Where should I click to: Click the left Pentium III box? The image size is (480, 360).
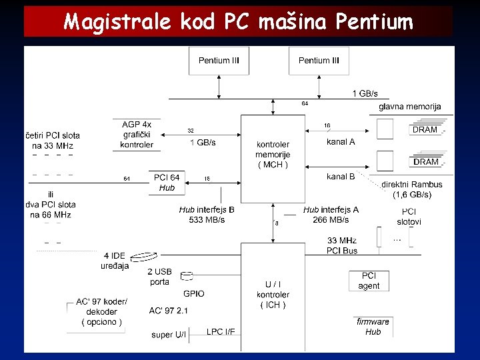(219, 61)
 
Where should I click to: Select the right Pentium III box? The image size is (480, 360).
(319, 61)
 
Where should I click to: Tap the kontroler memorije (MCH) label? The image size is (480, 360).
(272, 155)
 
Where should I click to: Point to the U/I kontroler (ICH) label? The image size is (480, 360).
(273, 295)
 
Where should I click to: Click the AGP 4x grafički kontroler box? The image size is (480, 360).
(137, 135)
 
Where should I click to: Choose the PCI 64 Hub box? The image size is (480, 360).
(167, 183)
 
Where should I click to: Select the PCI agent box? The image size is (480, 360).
(369, 281)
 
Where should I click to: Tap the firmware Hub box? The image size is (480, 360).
(373, 327)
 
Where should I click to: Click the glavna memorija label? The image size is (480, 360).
(409, 107)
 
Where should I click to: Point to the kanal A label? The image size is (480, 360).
(341, 142)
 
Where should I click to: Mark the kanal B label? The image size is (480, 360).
(341, 177)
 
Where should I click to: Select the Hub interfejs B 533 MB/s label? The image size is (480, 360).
(207, 214)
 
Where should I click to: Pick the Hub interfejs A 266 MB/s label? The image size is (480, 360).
(331, 214)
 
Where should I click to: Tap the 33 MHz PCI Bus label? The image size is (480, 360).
(342, 245)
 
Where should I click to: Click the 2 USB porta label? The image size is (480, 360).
(160, 277)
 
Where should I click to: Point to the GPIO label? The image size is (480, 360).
(193, 293)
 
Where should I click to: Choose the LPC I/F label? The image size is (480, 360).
(221, 331)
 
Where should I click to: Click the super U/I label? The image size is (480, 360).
(169, 335)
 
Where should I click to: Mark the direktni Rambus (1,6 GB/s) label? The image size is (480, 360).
(412, 189)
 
